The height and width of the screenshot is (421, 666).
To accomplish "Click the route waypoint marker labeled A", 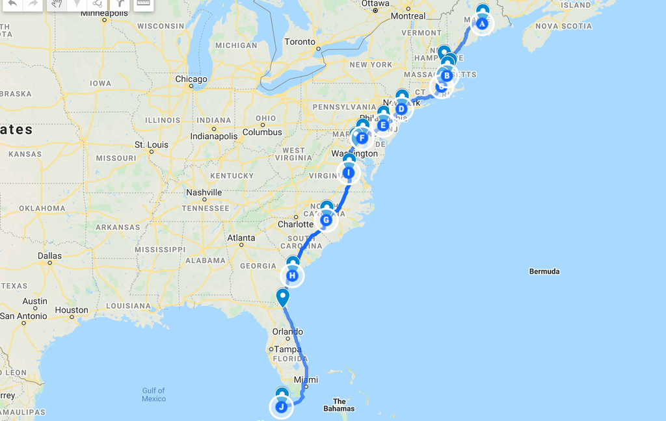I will [x=482, y=23].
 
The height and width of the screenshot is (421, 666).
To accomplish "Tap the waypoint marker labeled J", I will [x=281, y=407].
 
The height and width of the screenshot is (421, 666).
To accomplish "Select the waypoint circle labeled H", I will [x=293, y=276].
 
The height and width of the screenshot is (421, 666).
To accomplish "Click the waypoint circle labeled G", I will [x=326, y=220].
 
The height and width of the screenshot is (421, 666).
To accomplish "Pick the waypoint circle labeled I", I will [x=349, y=173].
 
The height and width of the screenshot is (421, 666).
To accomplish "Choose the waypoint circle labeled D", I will [x=401, y=108].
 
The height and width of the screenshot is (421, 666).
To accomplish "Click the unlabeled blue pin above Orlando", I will [x=283, y=298].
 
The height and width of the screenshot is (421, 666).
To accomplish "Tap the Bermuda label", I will [x=544, y=271].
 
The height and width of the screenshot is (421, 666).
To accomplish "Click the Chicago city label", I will [x=191, y=79].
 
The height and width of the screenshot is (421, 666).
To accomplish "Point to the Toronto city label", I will [x=300, y=42].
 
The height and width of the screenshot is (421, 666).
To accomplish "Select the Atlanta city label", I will [x=241, y=238].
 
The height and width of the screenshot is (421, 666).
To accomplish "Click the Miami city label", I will [x=306, y=379].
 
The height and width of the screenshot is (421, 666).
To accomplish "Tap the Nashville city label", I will [x=204, y=192].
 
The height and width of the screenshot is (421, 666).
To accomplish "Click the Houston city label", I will [x=72, y=310].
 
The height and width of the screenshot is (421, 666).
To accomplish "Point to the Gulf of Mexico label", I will [x=154, y=394].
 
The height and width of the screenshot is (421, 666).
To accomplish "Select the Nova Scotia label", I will [x=563, y=26].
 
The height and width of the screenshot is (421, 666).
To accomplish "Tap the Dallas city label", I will [x=49, y=255].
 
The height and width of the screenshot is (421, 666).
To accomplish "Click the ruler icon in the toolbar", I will [x=143, y=3].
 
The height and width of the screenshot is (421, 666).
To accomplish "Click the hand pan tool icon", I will [x=57, y=3].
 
